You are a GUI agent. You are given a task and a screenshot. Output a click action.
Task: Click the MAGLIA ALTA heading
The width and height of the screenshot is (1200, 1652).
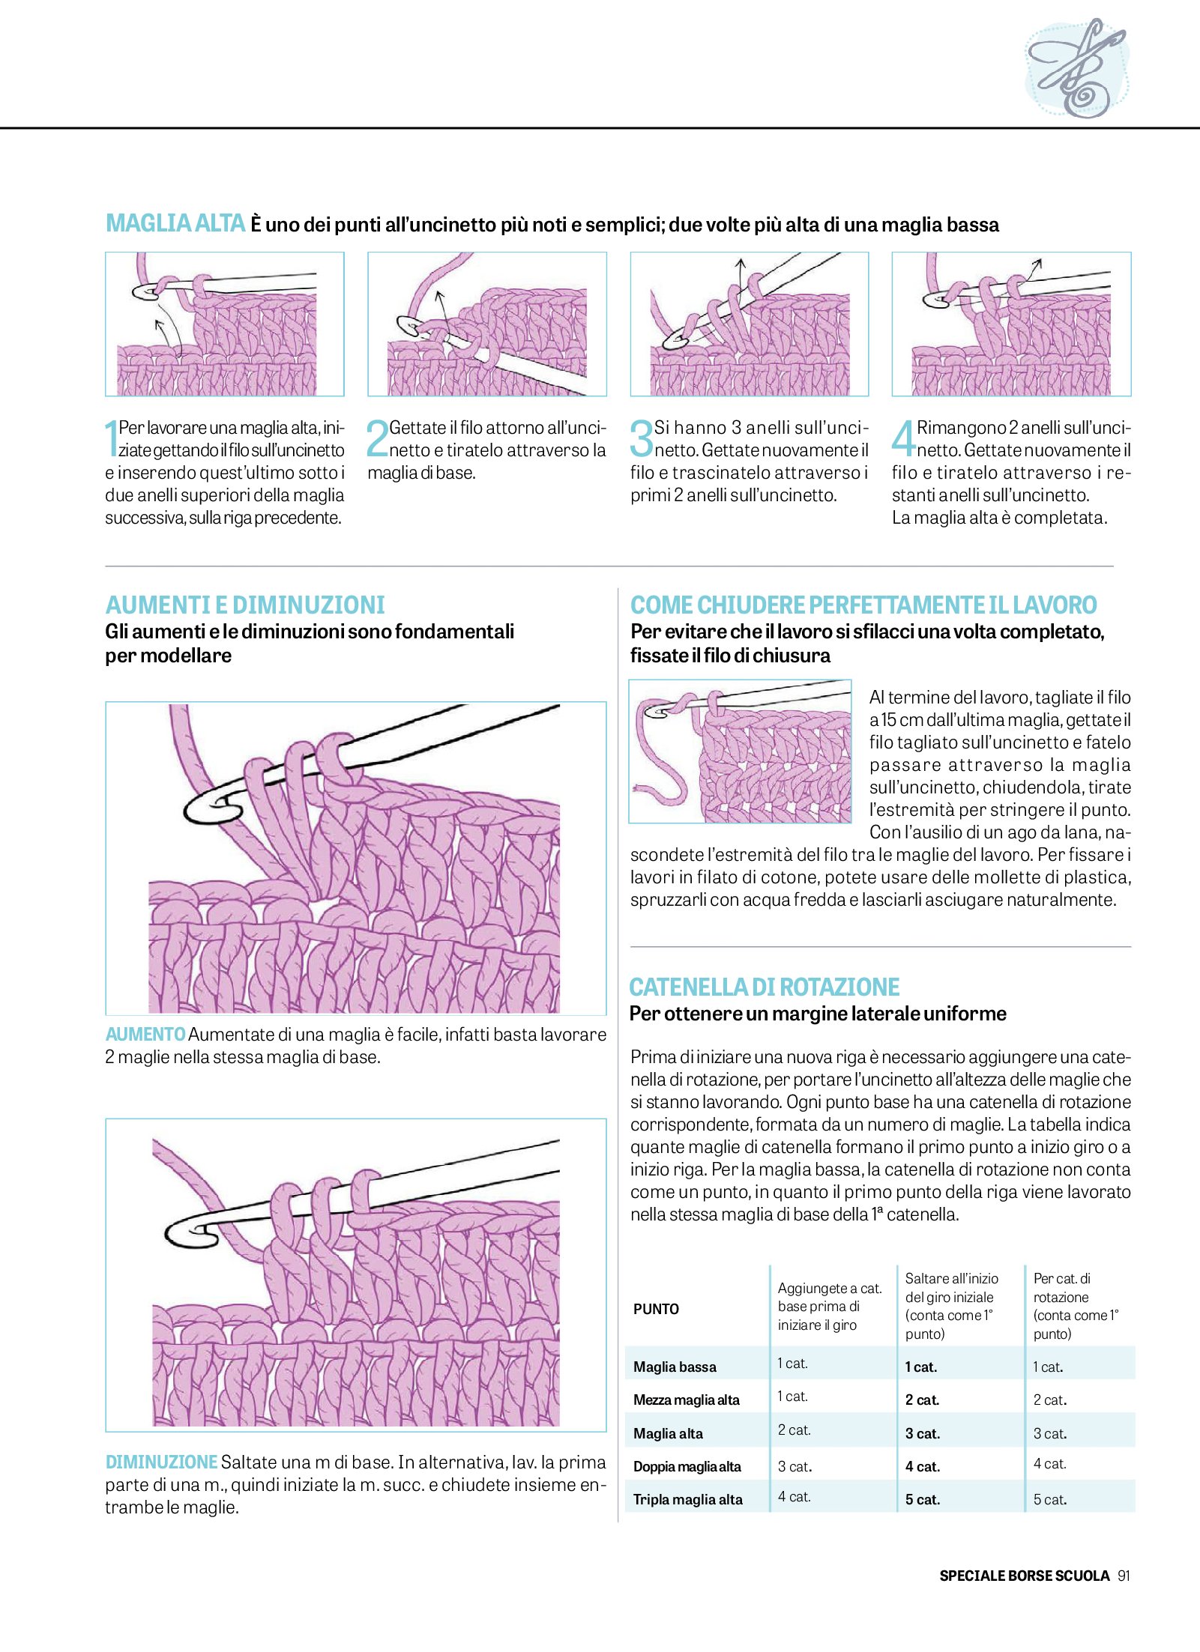pyautogui.click(x=175, y=223)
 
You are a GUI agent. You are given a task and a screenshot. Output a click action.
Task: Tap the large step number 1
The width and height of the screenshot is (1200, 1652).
pyautogui.click(x=111, y=438)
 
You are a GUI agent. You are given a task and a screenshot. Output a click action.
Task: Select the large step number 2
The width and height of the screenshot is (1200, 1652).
pyautogui.click(x=377, y=438)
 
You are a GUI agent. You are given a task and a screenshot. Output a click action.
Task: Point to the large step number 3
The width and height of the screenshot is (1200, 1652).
pyautogui.click(x=641, y=438)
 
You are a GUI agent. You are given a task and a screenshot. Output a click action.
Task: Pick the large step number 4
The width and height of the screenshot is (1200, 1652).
pyautogui.click(x=903, y=438)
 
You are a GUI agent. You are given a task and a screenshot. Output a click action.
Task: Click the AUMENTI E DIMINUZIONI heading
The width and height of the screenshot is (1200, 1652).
pyautogui.click(x=245, y=605)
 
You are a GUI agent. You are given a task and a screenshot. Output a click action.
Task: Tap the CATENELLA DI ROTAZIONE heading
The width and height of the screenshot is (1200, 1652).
pyautogui.click(x=764, y=987)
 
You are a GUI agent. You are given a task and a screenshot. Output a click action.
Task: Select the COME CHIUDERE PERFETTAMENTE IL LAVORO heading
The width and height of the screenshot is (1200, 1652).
pyautogui.click(x=863, y=605)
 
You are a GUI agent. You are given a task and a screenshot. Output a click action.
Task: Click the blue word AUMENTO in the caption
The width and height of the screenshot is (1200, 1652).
pyautogui.click(x=145, y=1035)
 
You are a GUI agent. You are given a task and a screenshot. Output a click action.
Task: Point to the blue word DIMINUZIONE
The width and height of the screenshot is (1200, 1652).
pyautogui.click(x=161, y=1462)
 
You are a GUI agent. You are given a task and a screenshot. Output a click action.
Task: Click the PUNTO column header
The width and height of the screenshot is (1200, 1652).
pyautogui.click(x=656, y=1309)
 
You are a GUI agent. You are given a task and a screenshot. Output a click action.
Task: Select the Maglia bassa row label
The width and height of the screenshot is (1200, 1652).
pyautogui.click(x=675, y=1367)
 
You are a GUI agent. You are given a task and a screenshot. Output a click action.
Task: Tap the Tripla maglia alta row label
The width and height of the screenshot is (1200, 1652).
pyautogui.click(x=687, y=1499)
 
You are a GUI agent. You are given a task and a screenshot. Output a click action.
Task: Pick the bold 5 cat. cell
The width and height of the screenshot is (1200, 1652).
pyautogui.click(x=922, y=1499)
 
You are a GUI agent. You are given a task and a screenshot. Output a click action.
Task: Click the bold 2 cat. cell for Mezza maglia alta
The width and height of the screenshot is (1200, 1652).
pyautogui.click(x=922, y=1400)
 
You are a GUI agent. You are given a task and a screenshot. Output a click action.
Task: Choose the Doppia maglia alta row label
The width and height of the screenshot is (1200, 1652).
pyautogui.click(x=687, y=1466)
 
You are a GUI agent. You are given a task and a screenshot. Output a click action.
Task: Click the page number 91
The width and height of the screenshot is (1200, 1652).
pyautogui.click(x=1124, y=1576)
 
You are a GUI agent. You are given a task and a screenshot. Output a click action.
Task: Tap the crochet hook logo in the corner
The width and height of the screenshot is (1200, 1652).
pyautogui.click(x=1076, y=67)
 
